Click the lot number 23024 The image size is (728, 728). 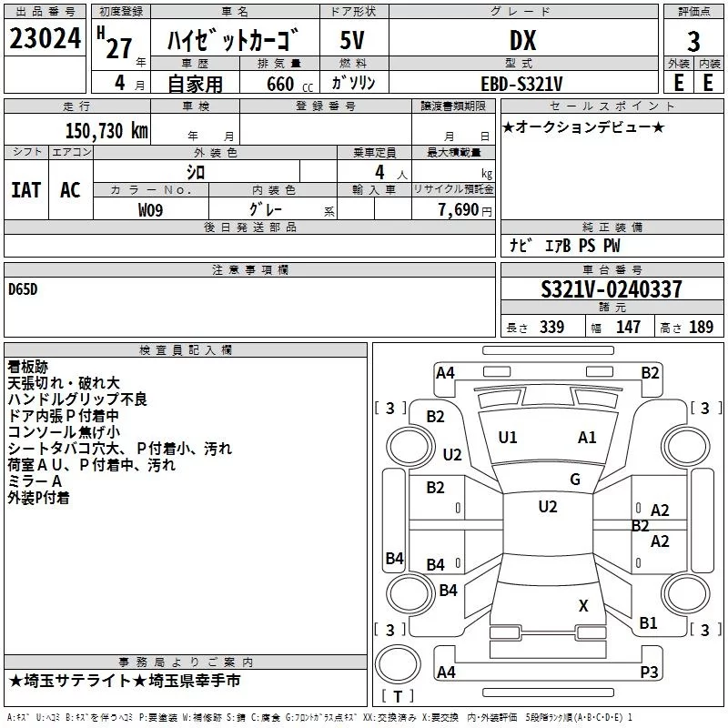[x=45, y=38]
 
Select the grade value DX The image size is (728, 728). [x=522, y=40]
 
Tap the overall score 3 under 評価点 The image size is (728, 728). [x=693, y=41]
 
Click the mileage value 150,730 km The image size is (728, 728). [x=106, y=130]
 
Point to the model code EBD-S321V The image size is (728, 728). [x=521, y=84]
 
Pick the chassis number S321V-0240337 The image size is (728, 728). [x=612, y=289]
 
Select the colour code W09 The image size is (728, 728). [x=150, y=210]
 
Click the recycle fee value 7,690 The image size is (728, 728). [x=459, y=209]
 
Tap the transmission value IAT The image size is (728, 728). [x=26, y=190]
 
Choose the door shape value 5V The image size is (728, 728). [x=352, y=40]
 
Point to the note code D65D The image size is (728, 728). [x=23, y=289]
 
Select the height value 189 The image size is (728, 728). [x=701, y=327]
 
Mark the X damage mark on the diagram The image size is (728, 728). [x=583, y=605]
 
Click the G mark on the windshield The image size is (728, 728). [x=575, y=480]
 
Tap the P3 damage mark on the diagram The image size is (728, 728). [x=649, y=672]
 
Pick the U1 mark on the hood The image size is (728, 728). [x=508, y=438]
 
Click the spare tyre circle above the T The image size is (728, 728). [x=398, y=664]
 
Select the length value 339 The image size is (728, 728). [x=551, y=327]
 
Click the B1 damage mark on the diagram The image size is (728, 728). [x=648, y=623]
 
